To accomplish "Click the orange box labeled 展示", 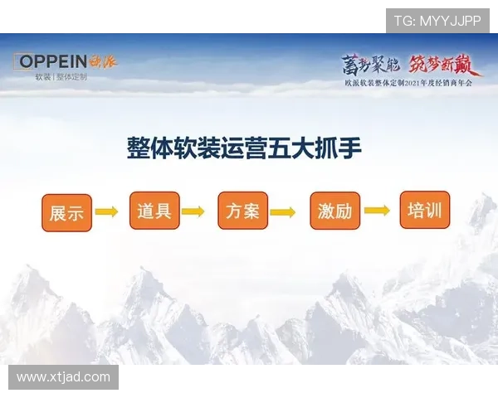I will pyautogui.click(x=66, y=213).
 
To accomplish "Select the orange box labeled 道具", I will pyautogui.click(x=154, y=211).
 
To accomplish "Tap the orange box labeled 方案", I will pyautogui.click(x=242, y=211).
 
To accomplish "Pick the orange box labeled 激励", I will pyautogui.click(x=334, y=211).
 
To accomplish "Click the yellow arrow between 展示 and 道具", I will pyautogui.click(x=106, y=212).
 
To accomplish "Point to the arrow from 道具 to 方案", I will pyautogui.click(x=193, y=211).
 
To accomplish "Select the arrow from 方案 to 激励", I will pyautogui.click(x=283, y=212).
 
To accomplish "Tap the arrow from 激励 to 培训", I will pyautogui.click(x=377, y=211).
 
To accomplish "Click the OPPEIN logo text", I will pyautogui.click(x=53, y=61).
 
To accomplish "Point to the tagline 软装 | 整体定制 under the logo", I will pyautogui.click(x=61, y=77).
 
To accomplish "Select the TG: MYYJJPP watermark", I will pyautogui.click(x=437, y=21).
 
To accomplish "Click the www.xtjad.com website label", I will pyautogui.click(x=63, y=377).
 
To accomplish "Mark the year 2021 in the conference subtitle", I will pyautogui.click(x=422, y=83).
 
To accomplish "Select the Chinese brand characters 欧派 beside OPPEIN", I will pyautogui.click(x=104, y=61).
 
